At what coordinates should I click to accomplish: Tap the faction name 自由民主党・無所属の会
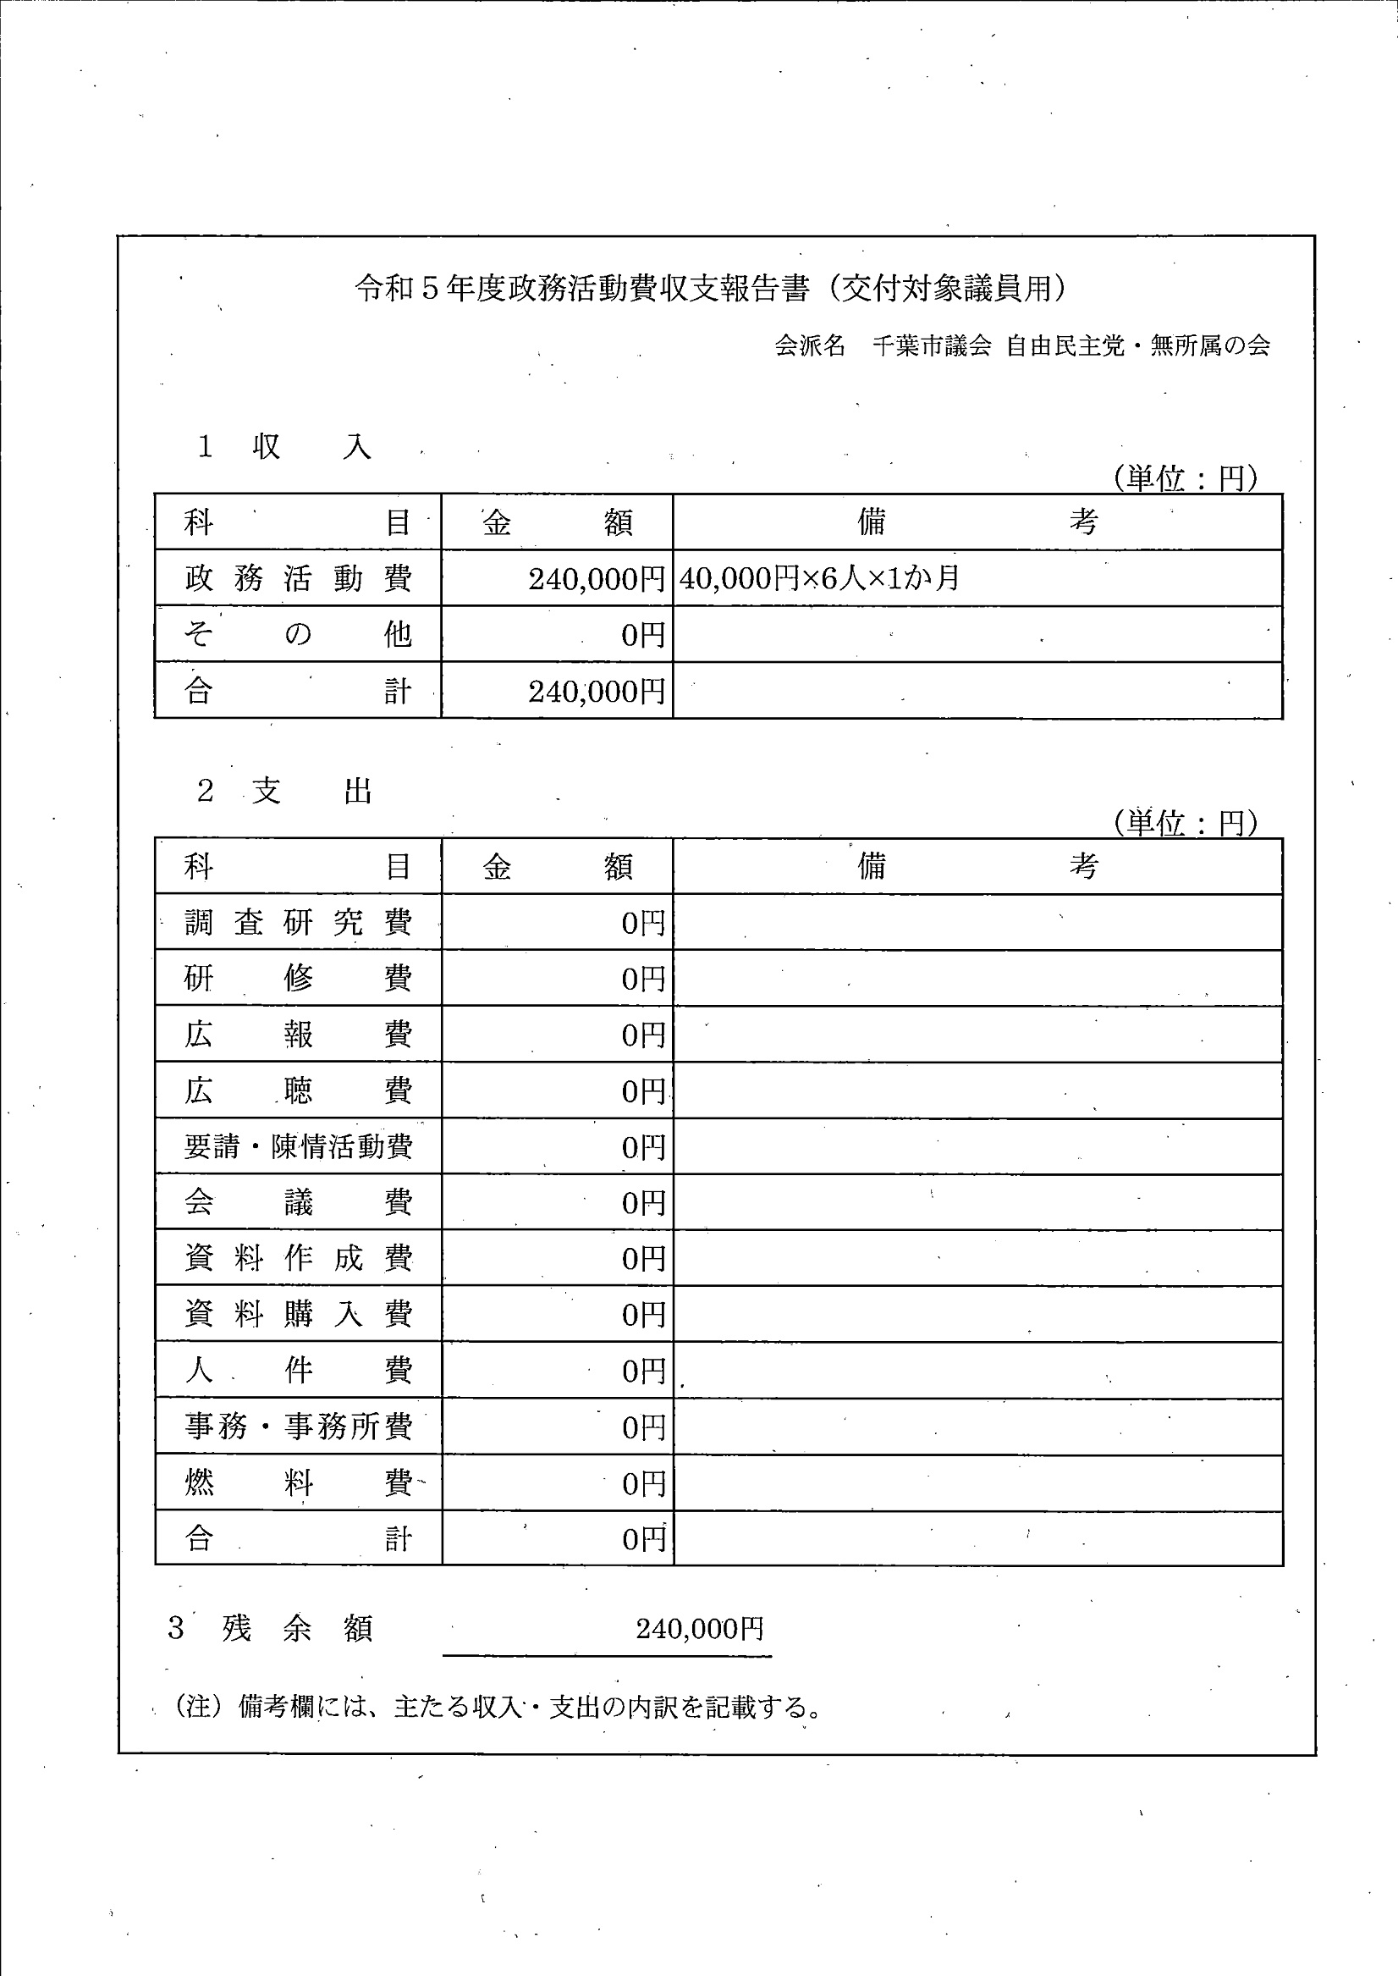[x=1138, y=346]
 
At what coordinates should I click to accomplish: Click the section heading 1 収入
[x=285, y=447]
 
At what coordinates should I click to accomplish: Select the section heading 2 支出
[x=285, y=791]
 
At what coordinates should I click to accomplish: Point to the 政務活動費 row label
[x=298, y=577]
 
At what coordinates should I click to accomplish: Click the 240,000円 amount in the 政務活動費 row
[x=597, y=578]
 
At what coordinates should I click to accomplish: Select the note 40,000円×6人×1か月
[x=818, y=577]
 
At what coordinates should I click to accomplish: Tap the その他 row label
[x=298, y=635]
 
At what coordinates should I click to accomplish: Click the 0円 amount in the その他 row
[x=643, y=636]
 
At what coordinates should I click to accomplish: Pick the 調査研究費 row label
[x=298, y=923]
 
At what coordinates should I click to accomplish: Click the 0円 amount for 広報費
[x=643, y=1035]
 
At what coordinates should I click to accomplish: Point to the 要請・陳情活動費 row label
[x=298, y=1147]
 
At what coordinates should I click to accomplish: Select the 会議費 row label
[x=298, y=1202]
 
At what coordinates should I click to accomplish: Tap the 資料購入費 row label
[x=298, y=1314]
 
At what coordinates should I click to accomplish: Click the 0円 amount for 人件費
[x=643, y=1371]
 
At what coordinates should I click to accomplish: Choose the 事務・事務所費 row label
[x=298, y=1427]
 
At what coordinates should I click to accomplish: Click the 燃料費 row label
[x=298, y=1482]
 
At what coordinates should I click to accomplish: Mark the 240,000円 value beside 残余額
[x=699, y=1628]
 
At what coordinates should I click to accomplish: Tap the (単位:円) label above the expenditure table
[x=1186, y=823]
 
